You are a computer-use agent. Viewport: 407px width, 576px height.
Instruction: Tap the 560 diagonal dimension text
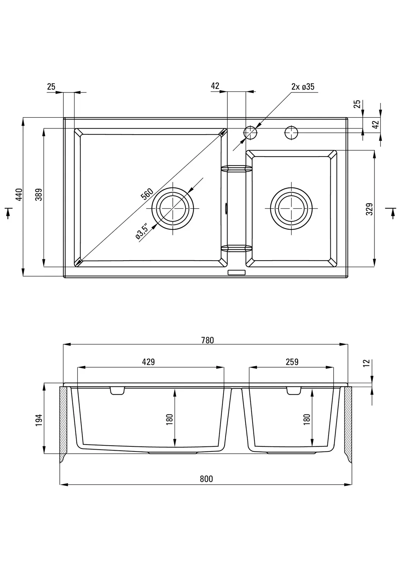click(147, 194)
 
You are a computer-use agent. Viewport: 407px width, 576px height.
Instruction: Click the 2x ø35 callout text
click(303, 87)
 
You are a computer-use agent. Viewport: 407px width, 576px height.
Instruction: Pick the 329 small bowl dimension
click(369, 209)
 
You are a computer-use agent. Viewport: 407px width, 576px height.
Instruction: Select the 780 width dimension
click(208, 340)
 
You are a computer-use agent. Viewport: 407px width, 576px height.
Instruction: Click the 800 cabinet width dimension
click(206, 479)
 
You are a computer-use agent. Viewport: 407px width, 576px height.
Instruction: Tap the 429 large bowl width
click(148, 362)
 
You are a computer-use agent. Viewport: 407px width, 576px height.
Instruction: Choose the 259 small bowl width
click(292, 362)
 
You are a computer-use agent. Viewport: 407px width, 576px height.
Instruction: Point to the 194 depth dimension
click(39, 420)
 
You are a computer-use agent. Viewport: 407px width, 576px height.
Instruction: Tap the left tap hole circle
click(251, 133)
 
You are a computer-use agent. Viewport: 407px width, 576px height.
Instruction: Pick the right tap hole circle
click(291, 133)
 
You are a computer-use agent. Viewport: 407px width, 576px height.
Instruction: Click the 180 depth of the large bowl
click(170, 419)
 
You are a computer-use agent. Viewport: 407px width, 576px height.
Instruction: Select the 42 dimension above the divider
click(215, 86)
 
